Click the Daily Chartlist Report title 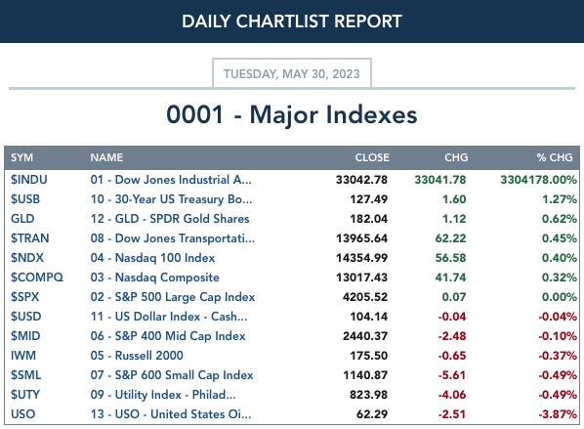point(292,21)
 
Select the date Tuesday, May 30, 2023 point(292,74)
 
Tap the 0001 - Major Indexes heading point(292,114)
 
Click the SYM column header point(22,157)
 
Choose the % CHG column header point(555,157)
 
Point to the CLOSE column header point(372,157)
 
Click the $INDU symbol point(29,180)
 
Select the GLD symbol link point(22,219)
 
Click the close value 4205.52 point(365,297)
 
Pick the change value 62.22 point(450,238)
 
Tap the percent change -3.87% point(558,414)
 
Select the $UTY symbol point(25,395)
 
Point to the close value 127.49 point(369,199)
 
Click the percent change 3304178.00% point(538,180)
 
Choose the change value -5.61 point(452,375)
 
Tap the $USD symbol point(26,317)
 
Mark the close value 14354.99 point(361,258)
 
